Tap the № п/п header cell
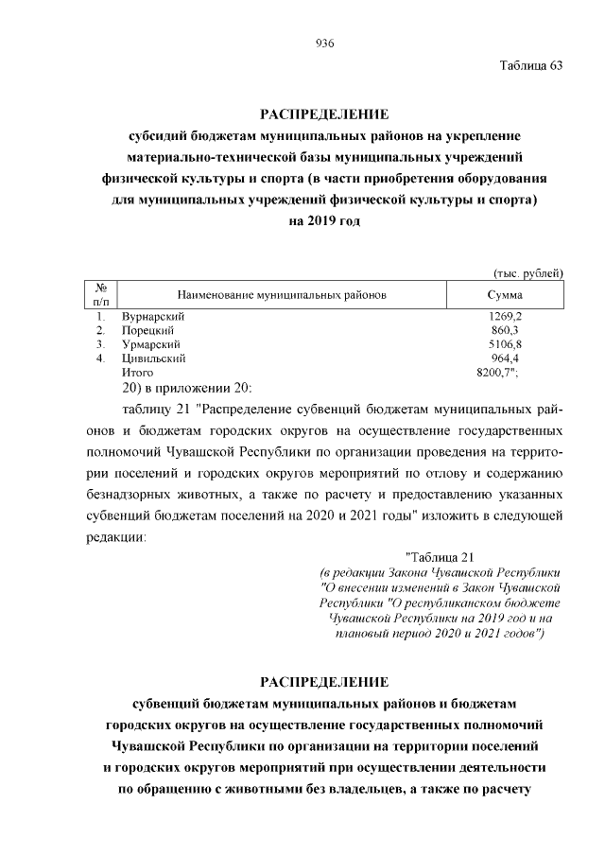[x=100, y=294]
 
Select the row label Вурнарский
[x=152, y=316]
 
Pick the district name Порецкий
[x=148, y=330]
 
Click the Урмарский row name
[x=150, y=344]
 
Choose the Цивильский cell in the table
[x=153, y=358]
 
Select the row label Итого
[x=137, y=373]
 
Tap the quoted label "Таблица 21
[x=444, y=555]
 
